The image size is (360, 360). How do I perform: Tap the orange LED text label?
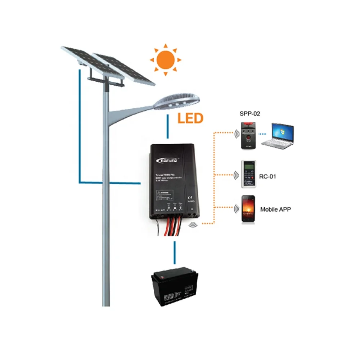[190, 118]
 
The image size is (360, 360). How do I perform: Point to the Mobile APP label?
[275, 209]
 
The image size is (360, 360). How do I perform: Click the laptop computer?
[278, 135]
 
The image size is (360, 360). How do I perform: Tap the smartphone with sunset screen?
[248, 209]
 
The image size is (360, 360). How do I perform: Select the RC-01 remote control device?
[249, 174]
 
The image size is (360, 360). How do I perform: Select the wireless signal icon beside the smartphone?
[236, 209]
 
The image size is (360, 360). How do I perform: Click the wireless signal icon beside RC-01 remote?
[236, 175]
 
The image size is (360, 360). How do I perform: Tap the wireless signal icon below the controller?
[193, 225]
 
